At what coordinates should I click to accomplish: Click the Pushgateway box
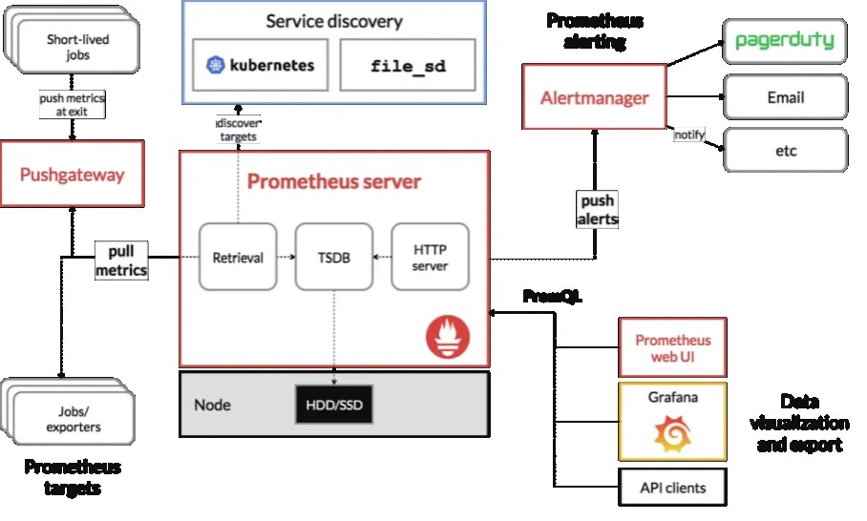coord(73,174)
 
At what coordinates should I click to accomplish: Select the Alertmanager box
coord(594,97)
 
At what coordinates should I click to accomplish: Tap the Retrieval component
coord(238,257)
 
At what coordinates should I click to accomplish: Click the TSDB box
coord(333,257)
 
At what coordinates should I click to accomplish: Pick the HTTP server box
coord(430,257)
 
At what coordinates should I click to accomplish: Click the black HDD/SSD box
coord(334,405)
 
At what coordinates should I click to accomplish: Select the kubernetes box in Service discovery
coord(261,66)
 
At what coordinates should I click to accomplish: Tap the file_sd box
coord(407,66)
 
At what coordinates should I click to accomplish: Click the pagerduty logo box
coord(785,41)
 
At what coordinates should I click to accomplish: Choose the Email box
coord(785,97)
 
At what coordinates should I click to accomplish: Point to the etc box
coord(785,151)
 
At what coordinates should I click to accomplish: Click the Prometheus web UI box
coord(673,347)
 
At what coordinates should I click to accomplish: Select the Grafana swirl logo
coord(673,435)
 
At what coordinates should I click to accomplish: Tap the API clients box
coord(673,488)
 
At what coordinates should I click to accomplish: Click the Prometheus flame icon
coord(448,336)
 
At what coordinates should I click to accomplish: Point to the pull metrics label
coord(121,260)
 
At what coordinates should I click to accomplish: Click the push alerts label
coord(598,210)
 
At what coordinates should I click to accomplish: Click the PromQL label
coord(552,297)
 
